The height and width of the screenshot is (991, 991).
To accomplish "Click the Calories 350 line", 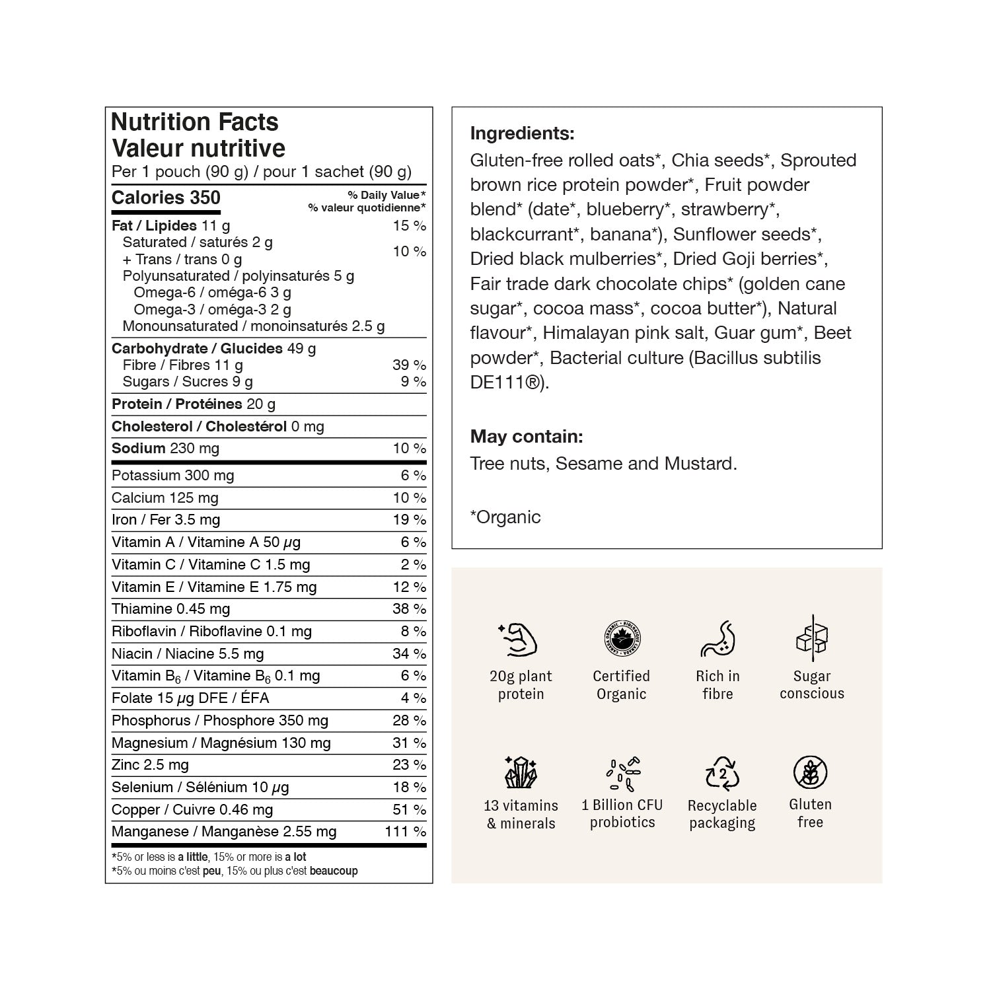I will [166, 198].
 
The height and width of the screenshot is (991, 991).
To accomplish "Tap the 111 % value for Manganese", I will [405, 831].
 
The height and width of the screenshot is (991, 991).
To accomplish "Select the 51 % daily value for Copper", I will [409, 809].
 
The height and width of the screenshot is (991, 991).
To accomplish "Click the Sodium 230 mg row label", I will [165, 448].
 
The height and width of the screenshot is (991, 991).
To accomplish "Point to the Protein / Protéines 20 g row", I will [194, 404].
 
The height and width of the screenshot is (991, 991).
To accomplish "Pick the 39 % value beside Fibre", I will [409, 365].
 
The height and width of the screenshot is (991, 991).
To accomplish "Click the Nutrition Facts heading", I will [195, 122].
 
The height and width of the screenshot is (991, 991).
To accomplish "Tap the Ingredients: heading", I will [522, 133].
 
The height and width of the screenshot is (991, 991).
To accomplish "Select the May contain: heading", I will [526, 436].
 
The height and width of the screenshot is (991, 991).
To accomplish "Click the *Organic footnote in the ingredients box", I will [505, 517].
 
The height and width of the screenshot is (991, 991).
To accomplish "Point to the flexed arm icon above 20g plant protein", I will [519, 640].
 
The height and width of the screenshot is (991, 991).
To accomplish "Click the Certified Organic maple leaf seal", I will [622, 639].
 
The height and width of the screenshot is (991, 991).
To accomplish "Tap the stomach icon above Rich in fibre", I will [717, 639].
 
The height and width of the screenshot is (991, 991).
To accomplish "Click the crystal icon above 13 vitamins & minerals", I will [521, 772].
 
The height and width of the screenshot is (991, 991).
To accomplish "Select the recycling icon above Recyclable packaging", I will [722, 773].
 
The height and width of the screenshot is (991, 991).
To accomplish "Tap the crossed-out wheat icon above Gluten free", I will [810, 772].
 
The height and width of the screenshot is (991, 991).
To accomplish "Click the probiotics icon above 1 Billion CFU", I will [622, 773].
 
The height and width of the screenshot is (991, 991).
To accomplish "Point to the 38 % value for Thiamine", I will [409, 608].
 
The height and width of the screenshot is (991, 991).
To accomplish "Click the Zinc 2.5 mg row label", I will [150, 764].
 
